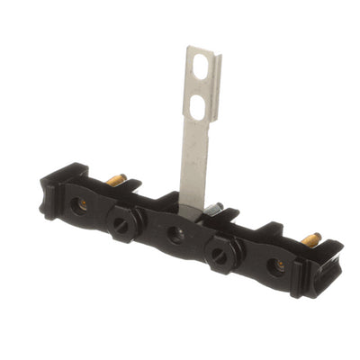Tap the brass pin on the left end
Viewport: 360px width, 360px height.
pos(116,180)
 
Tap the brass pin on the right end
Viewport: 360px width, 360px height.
pos(310,239)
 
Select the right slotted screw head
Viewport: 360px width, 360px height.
pos(219,256)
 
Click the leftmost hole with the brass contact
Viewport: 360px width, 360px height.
pos(82,205)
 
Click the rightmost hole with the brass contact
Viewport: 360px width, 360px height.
pos(279,266)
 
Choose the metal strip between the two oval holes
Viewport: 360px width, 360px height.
pos(198,87)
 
